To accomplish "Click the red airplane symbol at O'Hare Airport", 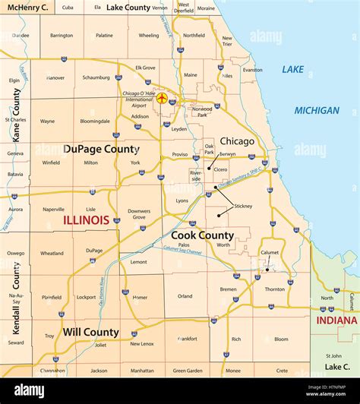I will pyautogui.click(x=161, y=98).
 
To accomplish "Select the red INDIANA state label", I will pyautogui.click(x=336, y=320).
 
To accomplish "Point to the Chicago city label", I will pyautogui.click(x=237, y=141).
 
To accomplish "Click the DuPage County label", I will pyautogui.click(x=101, y=150).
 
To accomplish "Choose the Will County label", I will pyautogui.click(x=91, y=332).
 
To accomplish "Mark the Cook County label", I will pyautogui.click(x=201, y=236).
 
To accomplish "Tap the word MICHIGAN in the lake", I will pyautogui.click(x=317, y=110).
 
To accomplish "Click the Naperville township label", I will pyautogui.click(x=53, y=209).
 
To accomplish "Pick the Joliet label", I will pyautogui.click(x=100, y=344).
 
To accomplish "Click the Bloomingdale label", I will pyautogui.click(x=94, y=121).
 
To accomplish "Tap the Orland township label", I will pyautogui.click(x=185, y=296).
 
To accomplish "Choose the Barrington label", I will pyautogui.click(x=62, y=35).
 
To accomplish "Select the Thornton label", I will pyautogui.click(x=275, y=289).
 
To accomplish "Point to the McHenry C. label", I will pyautogui.click(x=27, y=7).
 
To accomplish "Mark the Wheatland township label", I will pyautogui.click(x=52, y=254).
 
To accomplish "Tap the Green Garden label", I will pyautogui.click(x=187, y=371).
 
